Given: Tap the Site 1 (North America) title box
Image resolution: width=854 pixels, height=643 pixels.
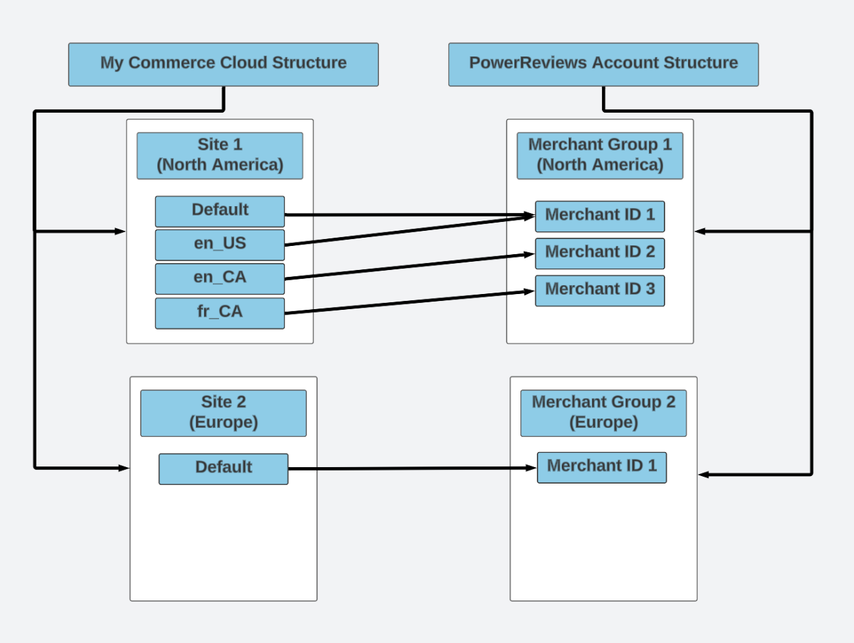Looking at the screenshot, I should [220, 156].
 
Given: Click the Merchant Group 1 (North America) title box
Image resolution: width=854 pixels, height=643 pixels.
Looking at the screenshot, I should [600, 156].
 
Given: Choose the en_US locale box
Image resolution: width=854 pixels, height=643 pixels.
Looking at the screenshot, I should [220, 245].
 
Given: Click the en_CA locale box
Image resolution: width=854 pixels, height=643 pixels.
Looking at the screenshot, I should [220, 279].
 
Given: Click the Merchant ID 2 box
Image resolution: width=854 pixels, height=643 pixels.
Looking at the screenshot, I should [600, 253].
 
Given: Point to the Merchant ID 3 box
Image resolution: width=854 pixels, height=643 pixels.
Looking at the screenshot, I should [600, 291].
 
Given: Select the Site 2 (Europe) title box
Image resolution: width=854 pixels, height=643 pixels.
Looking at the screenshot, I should [223, 413].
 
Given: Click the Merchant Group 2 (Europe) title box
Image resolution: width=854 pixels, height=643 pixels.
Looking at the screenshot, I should [603, 413].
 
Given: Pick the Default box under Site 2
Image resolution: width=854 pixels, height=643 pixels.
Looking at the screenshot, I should [223, 469].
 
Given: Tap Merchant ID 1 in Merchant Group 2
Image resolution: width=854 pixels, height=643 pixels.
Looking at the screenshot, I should [601, 467].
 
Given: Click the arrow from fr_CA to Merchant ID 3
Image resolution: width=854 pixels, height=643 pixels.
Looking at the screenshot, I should [410, 302].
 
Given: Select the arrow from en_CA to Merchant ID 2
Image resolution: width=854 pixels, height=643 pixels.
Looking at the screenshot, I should [410, 266].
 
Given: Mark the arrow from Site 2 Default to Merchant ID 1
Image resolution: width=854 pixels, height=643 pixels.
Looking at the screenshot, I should [412, 469].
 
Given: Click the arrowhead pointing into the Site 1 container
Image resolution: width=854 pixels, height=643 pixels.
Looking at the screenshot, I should [120, 232].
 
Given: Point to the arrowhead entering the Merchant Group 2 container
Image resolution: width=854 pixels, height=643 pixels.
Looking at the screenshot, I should [704, 475].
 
